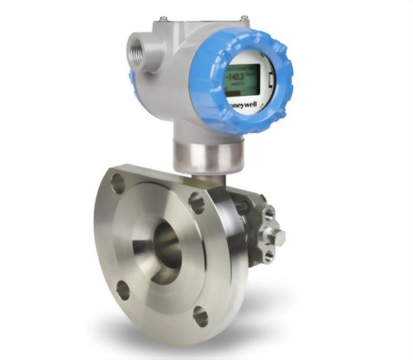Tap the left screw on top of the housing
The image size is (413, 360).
coord(163,17)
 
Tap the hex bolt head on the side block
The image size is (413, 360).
coord(278,238)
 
